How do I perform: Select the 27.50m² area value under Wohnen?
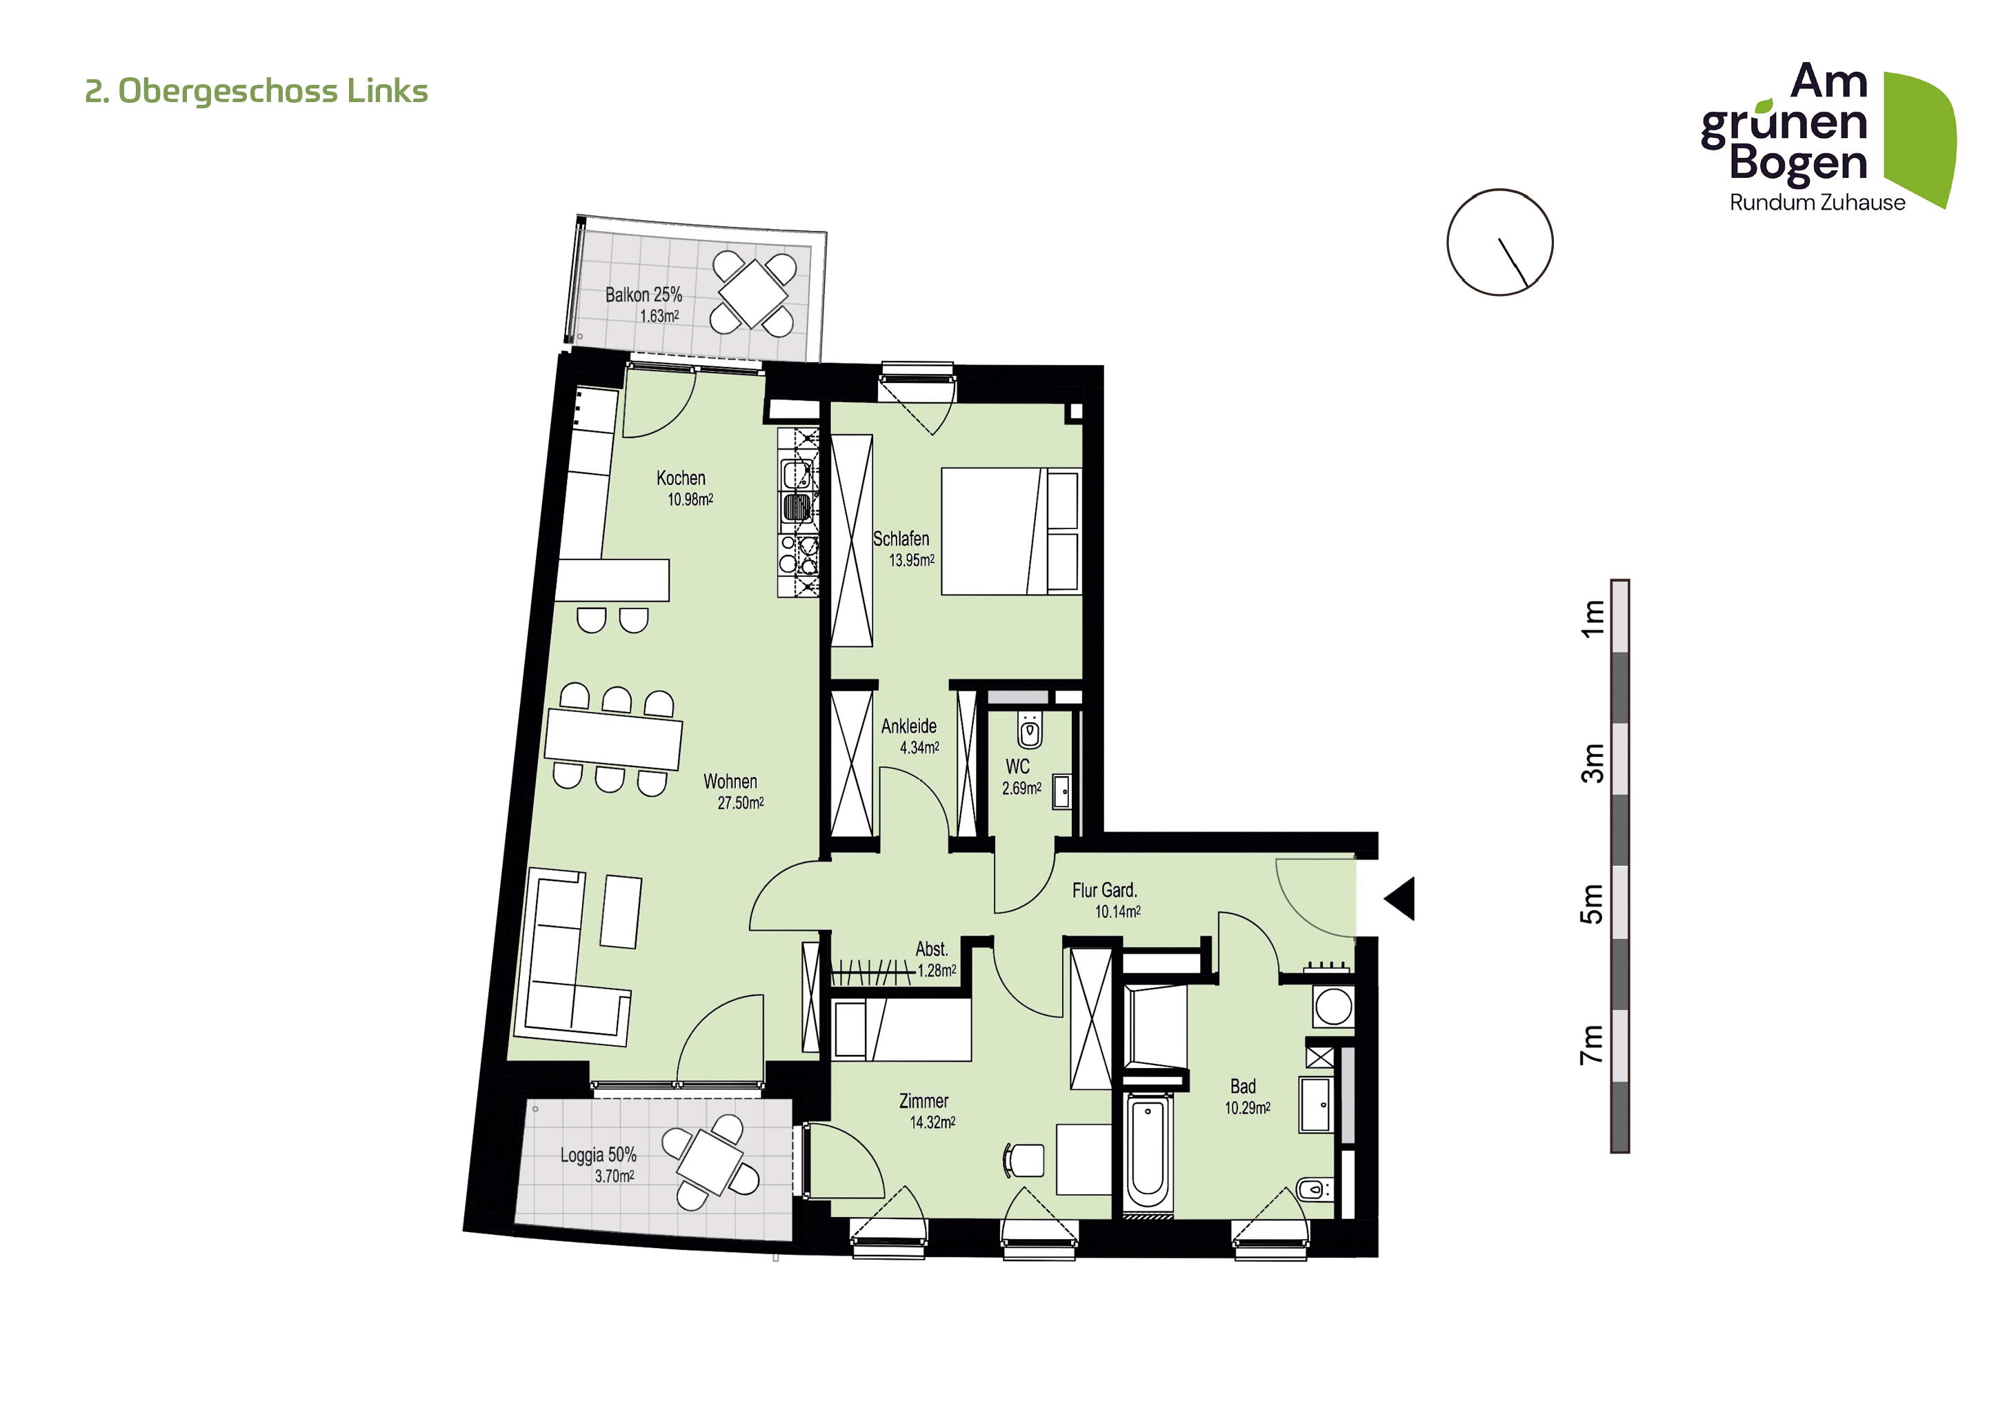[740, 802]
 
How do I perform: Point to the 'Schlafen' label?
[901, 538]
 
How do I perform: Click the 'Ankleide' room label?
[909, 726]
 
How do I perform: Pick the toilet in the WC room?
[1030, 731]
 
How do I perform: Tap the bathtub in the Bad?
[1148, 1153]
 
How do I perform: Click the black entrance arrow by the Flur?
[1402, 898]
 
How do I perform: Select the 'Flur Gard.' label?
[1104, 891]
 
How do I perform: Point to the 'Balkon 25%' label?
[643, 295]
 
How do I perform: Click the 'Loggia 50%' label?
[598, 1155]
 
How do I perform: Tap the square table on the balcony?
[752, 293]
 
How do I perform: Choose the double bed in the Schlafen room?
[1010, 531]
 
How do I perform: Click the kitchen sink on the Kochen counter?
[797, 508]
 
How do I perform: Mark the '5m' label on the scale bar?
[1592, 904]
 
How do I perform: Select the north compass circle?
[1499, 242]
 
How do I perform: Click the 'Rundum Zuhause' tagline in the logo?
[1817, 203]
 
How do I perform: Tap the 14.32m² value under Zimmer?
[932, 1122]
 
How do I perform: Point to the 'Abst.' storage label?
[932, 949]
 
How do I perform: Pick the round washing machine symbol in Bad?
[1333, 1007]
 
